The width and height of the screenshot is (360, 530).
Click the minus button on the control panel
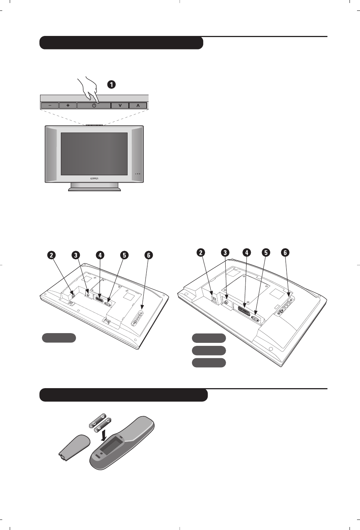[49, 106]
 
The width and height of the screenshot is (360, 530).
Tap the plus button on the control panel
[68, 106]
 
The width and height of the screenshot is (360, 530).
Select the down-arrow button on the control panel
[120, 106]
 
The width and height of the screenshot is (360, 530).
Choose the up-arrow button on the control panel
[138, 106]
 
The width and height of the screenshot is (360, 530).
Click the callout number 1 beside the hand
[111, 85]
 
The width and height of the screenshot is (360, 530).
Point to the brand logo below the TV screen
[94, 179]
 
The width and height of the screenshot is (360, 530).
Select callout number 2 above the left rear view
[51, 255]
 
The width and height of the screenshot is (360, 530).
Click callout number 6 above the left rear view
[149, 255]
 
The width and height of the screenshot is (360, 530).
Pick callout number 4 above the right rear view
[247, 253]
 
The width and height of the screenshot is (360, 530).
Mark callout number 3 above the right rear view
[225, 253]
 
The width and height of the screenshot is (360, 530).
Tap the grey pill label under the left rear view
[59, 338]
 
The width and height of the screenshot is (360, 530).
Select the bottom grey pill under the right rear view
[209, 363]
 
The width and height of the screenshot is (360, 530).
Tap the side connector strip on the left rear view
[137, 317]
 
